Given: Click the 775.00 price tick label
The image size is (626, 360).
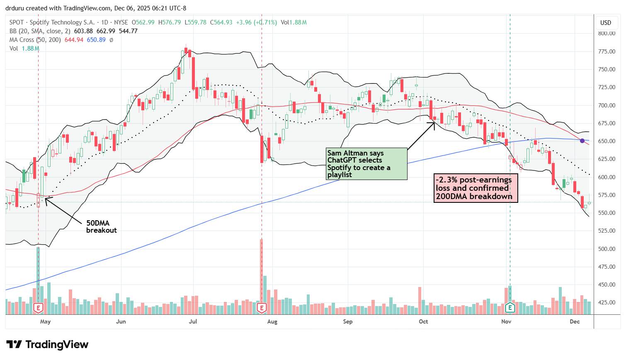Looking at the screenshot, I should tap(607, 51).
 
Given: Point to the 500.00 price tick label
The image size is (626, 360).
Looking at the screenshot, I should tap(607, 249).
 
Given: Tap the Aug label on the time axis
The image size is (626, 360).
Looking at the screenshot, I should tap(272, 321).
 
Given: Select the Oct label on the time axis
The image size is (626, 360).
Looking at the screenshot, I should tap(423, 321).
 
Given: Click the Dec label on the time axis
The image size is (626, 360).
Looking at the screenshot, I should tap(575, 321).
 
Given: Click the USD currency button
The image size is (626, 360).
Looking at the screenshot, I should tap(606, 23).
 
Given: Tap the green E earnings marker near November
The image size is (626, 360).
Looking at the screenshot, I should tap(510, 307).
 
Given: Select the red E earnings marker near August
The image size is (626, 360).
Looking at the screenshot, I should tap(261, 307).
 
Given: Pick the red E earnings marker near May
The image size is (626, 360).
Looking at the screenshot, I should tap(38, 307).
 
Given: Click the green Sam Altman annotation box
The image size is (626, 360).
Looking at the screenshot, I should tap(366, 164).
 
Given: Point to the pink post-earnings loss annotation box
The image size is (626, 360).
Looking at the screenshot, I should tap(476, 188).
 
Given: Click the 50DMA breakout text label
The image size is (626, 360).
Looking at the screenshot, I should tap(101, 226).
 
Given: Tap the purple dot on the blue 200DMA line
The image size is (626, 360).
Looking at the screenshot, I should tap(582, 141).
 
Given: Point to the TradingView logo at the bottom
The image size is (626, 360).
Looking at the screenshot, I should tap(47, 345).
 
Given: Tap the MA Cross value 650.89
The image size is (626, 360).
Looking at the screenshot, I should tap(96, 40).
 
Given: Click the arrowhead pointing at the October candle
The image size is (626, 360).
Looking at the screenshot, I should tap(434, 122).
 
